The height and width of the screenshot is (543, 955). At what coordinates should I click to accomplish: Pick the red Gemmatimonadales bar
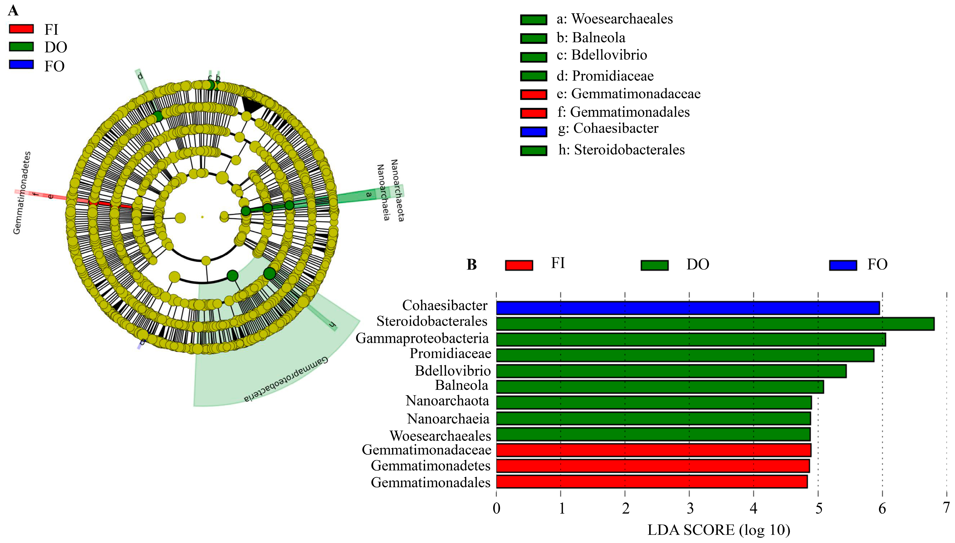click(651, 481)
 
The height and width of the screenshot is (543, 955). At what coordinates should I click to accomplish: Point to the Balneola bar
click(659, 387)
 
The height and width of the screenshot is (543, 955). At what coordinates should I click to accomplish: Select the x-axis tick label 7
click(946, 508)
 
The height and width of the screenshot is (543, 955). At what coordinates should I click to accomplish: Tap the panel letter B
click(472, 264)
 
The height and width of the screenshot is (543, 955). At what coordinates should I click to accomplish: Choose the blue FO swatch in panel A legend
click(21, 64)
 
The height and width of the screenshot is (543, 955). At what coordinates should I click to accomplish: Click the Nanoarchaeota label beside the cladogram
click(397, 190)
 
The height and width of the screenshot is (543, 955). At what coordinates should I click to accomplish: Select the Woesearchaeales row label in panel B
click(440, 436)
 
